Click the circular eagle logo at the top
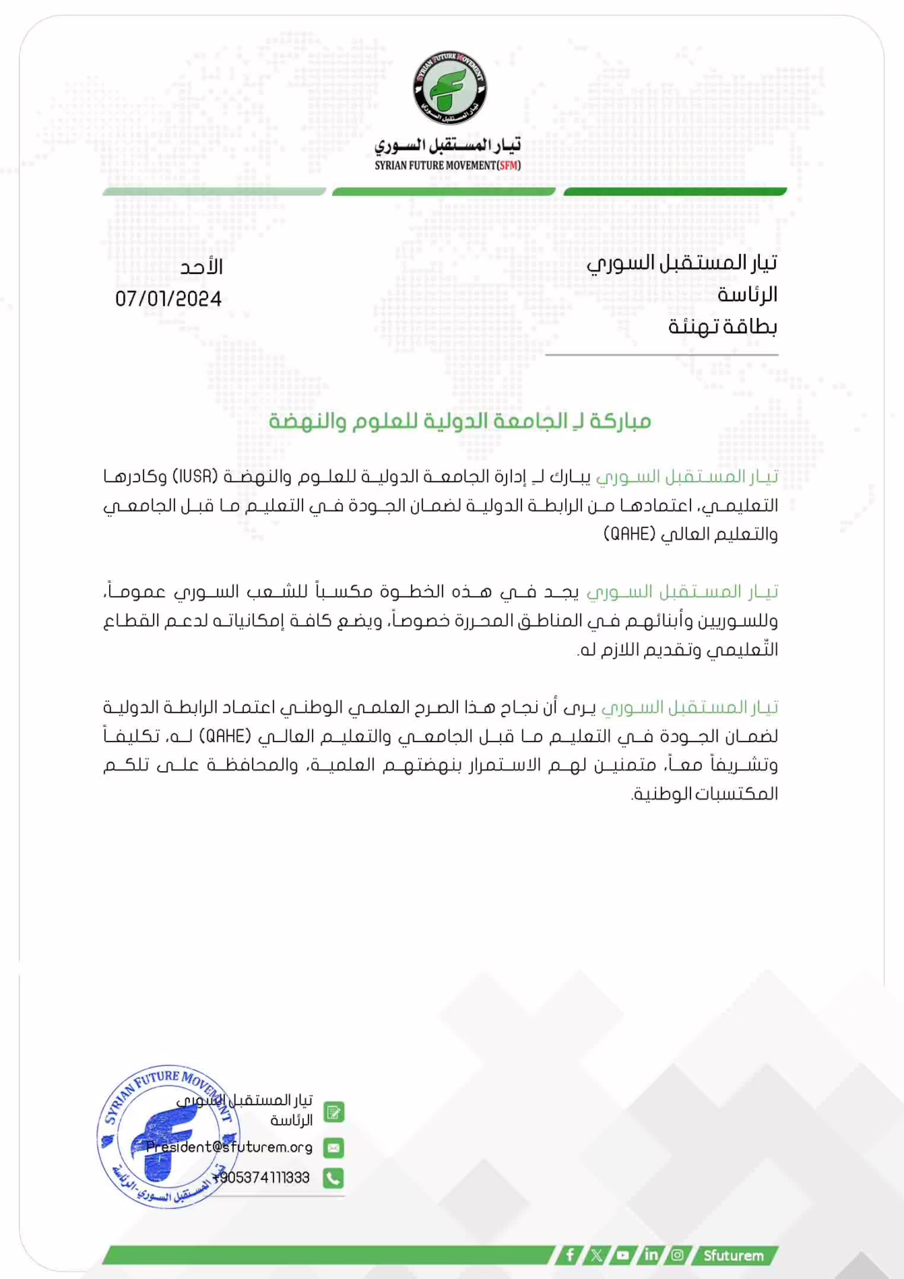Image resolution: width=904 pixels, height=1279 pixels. pyautogui.click(x=450, y=88)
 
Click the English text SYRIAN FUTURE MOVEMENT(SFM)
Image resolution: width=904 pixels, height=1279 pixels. pyautogui.click(x=448, y=166)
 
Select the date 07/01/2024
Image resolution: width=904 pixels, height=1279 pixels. pyautogui.click(x=168, y=299)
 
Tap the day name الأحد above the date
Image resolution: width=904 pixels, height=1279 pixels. pyautogui.click(x=201, y=267)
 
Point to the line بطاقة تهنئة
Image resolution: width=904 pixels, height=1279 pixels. pyautogui.click(x=723, y=326)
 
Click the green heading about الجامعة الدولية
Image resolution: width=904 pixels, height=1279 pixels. pyautogui.click(x=459, y=421)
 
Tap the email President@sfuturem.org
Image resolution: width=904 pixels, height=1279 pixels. pyautogui.click(x=230, y=1147)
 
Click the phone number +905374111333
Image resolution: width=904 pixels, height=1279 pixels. pyautogui.click(x=261, y=1177)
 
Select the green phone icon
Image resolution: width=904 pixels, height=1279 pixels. pyautogui.click(x=333, y=1177)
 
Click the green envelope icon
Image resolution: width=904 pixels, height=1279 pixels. pyautogui.click(x=333, y=1147)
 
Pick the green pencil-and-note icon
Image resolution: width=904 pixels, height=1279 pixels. pyautogui.click(x=333, y=1112)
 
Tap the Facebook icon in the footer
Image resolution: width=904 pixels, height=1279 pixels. pyautogui.click(x=569, y=1255)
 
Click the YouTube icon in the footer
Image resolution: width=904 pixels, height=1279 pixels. pyautogui.click(x=623, y=1255)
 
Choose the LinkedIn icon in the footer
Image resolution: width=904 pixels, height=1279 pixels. pyautogui.click(x=651, y=1255)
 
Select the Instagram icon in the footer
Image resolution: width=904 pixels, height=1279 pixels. pyautogui.click(x=678, y=1255)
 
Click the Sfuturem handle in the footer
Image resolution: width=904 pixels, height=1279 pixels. pyautogui.click(x=733, y=1255)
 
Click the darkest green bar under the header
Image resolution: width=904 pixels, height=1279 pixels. pyautogui.click(x=675, y=192)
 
